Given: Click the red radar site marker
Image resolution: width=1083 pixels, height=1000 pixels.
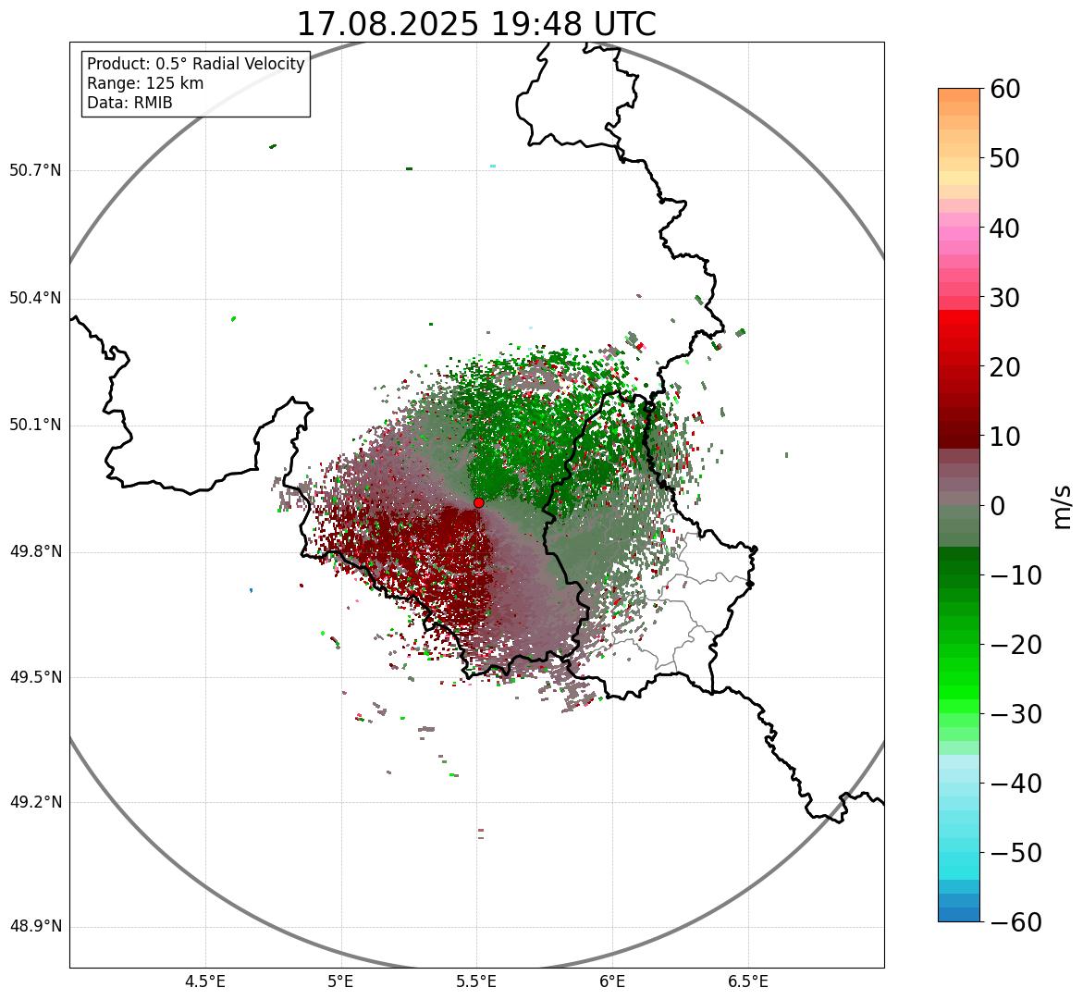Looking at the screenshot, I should pyautogui.click(x=479, y=502).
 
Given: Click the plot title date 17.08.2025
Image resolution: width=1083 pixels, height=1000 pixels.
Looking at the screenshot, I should pyautogui.click(x=388, y=24).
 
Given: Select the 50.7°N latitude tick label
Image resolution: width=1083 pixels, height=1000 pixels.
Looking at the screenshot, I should pyautogui.click(x=35, y=170).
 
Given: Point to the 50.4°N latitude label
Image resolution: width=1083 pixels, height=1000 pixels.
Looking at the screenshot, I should pyautogui.click(x=35, y=298).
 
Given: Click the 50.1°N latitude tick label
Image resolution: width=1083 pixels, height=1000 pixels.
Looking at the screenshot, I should pyautogui.click(x=35, y=426).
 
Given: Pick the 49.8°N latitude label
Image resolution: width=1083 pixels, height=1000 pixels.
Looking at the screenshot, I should pyautogui.click(x=35, y=552).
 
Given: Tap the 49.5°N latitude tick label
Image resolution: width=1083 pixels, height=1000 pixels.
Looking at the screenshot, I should pyautogui.click(x=35, y=677).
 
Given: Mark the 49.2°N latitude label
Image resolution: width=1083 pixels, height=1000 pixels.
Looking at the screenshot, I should pyautogui.click(x=35, y=802).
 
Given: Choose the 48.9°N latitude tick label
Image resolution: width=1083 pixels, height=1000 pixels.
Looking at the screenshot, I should pyautogui.click(x=35, y=927).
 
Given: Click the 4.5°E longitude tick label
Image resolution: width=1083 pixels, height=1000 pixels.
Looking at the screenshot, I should pyautogui.click(x=205, y=981).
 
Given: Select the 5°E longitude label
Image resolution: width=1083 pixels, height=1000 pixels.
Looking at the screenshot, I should pyautogui.click(x=341, y=981).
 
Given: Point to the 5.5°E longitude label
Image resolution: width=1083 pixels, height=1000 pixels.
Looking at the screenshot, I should pyautogui.click(x=476, y=981).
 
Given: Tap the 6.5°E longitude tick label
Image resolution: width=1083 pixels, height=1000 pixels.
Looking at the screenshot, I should pyautogui.click(x=747, y=981).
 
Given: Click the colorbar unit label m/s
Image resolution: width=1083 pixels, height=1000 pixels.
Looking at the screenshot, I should pyautogui.click(x=1063, y=505).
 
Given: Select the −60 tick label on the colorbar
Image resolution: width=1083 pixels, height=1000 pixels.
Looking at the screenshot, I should pyautogui.click(x=1015, y=922).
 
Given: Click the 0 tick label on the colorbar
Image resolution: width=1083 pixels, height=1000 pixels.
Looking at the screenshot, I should pyautogui.click(x=998, y=506).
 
